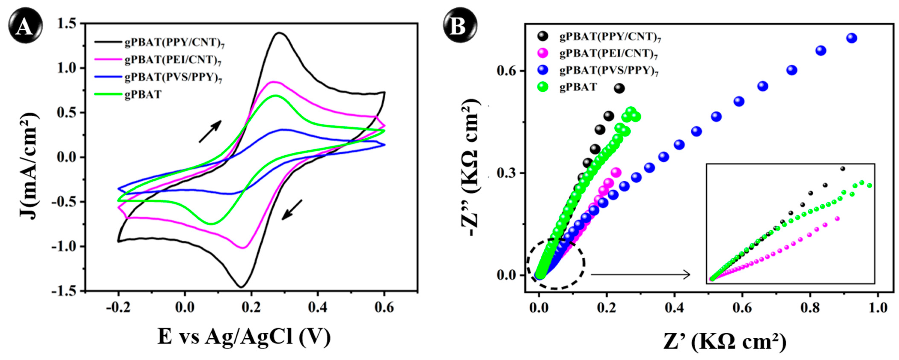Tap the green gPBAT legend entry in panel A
[143, 94]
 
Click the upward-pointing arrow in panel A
[210, 131]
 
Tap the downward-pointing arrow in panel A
[292, 210]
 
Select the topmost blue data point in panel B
[851, 38]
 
